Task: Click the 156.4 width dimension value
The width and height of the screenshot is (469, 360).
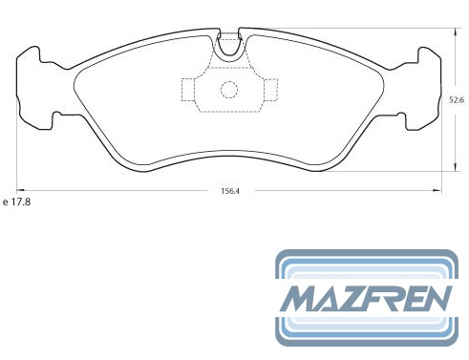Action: pos(230,191)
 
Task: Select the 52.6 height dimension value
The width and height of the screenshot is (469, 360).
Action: pos(457,100)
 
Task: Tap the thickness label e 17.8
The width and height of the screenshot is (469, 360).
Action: pos(16,201)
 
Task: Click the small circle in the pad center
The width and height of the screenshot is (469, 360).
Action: pos(229,90)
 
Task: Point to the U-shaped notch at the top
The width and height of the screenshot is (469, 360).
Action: pos(229,51)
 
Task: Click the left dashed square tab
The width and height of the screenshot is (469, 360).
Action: pos(187,90)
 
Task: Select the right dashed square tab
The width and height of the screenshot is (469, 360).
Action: pos(270,90)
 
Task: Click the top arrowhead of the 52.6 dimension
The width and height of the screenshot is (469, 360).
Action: pos(457,32)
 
